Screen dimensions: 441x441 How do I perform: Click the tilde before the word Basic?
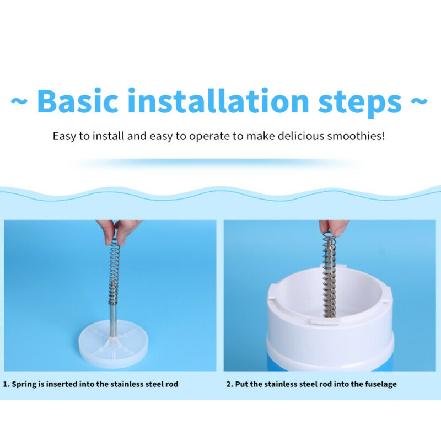[x=19, y=102]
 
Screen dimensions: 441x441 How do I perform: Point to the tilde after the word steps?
[x=420, y=102]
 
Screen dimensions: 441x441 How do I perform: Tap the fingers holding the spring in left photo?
[x=118, y=228]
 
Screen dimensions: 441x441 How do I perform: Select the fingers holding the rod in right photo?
[x=333, y=226]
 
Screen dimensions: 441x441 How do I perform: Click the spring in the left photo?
[x=114, y=270]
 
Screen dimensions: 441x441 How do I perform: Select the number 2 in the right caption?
[x=229, y=384]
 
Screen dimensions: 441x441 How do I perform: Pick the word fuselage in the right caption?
[x=379, y=384]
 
